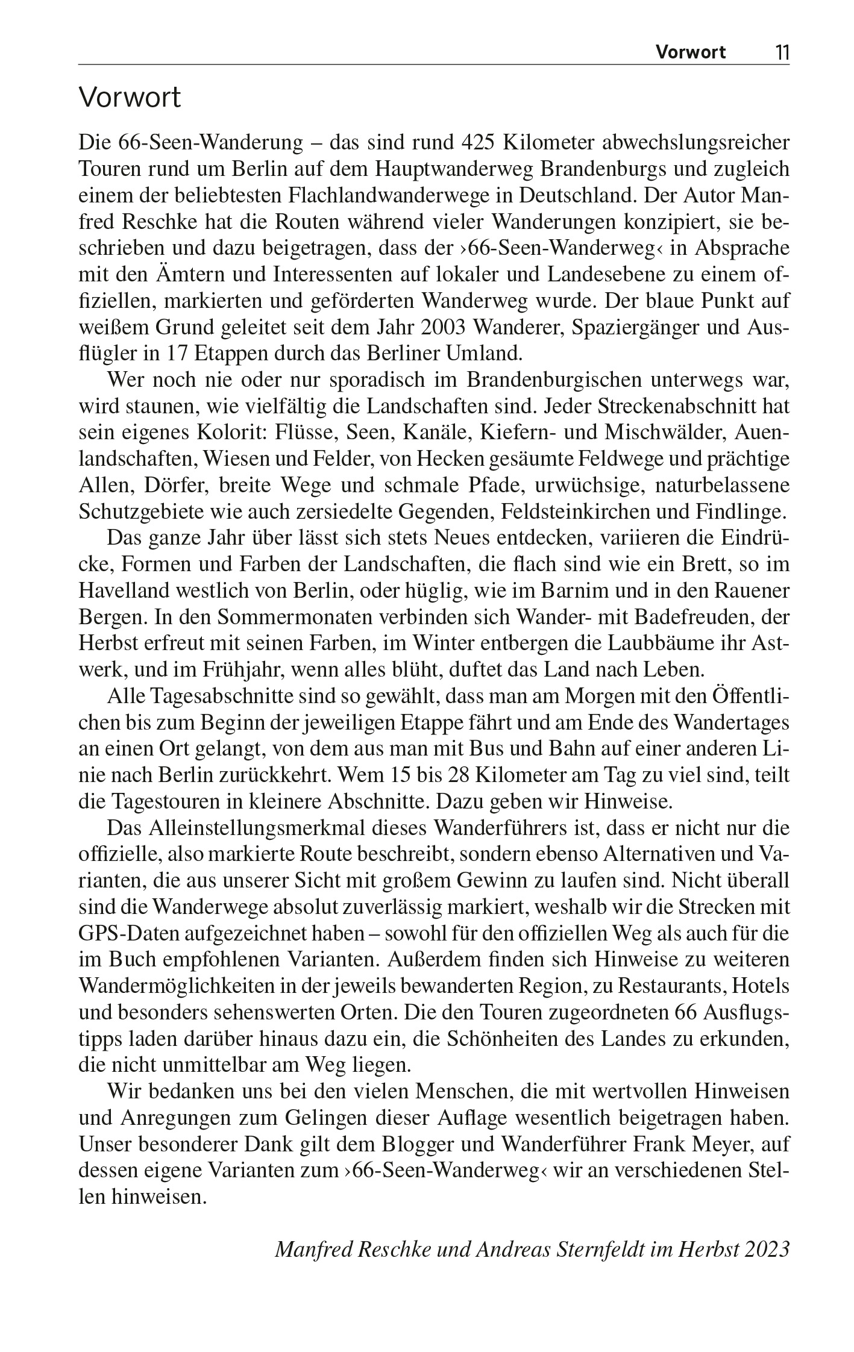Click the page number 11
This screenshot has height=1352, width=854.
782,52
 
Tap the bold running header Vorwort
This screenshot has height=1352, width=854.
691,52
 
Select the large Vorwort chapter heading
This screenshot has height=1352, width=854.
130,98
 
